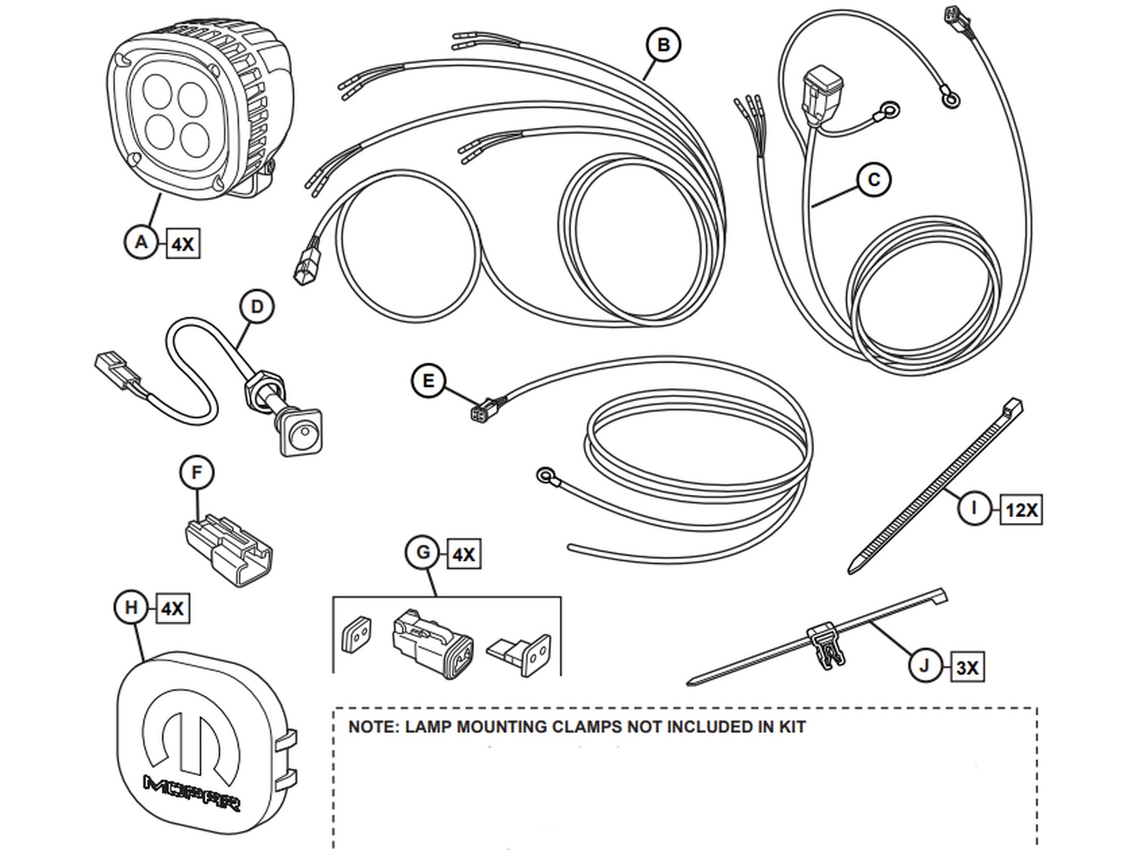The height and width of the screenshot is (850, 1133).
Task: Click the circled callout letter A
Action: click(x=141, y=243)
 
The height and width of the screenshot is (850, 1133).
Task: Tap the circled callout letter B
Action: click(x=663, y=45)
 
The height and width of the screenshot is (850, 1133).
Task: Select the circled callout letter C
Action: click(x=874, y=180)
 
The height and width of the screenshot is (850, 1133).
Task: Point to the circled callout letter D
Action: click(x=257, y=308)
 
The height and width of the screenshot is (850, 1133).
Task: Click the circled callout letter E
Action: click(x=428, y=381)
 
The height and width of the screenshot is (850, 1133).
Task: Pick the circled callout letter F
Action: click(x=197, y=473)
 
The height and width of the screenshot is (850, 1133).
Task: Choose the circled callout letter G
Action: click(x=423, y=553)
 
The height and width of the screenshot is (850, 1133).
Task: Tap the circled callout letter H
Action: click(x=131, y=607)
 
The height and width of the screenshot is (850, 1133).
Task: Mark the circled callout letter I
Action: click(x=974, y=508)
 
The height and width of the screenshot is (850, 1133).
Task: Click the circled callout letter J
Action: click(x=925, y=666)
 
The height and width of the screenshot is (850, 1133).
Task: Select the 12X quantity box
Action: click(x=1021, y=511)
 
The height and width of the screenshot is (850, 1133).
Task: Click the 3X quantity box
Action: click(x=967, y=668)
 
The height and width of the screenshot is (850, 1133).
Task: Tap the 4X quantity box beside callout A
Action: click(x=182, y=245)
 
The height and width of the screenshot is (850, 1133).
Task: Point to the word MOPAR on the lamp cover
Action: click(x=192, y=792)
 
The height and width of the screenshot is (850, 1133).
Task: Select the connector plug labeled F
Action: click(x=228, y=550)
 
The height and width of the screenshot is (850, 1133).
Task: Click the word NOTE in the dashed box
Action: click(x=372, y=728)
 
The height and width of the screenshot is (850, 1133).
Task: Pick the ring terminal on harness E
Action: click(x=545, y=476)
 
